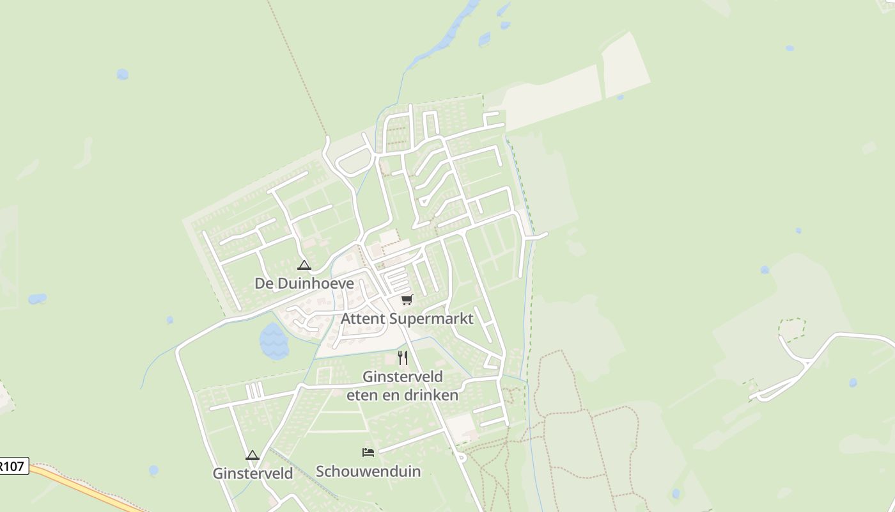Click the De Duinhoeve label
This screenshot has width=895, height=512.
304,283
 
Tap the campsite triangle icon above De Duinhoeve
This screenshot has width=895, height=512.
304,265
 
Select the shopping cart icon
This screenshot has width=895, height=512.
407,300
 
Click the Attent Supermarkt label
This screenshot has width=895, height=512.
407,318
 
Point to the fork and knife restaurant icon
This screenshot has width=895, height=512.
403,357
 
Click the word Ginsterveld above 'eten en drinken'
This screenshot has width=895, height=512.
403,376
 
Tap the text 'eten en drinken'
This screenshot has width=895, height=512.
403,395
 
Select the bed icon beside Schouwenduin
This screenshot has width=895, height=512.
368,452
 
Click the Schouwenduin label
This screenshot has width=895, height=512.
368,472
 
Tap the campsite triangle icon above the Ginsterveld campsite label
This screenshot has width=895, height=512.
252,455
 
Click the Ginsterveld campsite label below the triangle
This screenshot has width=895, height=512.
253,474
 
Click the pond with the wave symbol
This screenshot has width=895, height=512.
274,340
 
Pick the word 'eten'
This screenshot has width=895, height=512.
360,395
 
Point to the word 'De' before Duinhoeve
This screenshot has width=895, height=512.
263,283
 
